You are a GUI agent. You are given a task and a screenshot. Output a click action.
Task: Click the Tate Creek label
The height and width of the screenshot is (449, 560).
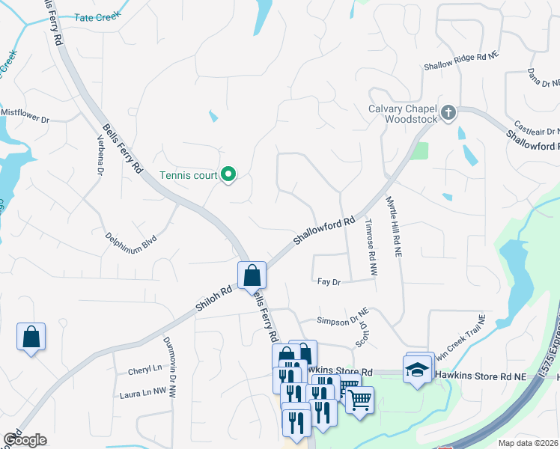97,16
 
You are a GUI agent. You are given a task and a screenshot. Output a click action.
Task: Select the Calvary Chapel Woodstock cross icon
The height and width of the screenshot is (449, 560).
448,113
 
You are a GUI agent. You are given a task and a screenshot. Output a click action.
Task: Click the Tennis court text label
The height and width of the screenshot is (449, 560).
189,177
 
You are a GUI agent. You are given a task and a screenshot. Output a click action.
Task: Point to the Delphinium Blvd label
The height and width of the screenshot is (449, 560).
131,241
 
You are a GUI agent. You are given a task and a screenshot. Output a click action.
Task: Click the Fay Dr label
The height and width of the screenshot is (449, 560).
329,282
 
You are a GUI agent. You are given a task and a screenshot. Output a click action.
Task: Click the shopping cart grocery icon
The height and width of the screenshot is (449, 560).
359,400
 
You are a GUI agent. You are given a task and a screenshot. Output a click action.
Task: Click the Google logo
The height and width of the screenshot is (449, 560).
24,439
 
